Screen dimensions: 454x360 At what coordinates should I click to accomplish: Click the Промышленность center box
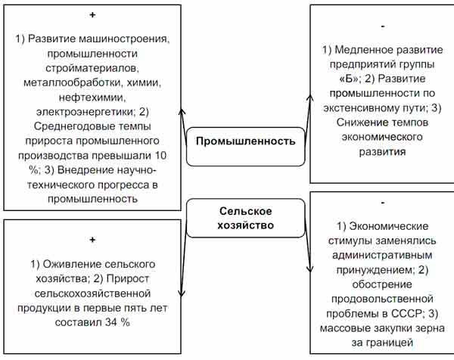(245, 147)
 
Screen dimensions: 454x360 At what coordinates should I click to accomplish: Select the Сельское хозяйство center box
(245, 218)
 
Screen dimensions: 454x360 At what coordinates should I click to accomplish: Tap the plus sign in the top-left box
(92, 15)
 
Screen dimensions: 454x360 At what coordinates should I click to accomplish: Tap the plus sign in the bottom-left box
(92, 240)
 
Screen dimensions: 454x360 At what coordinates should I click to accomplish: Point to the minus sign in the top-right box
(383, 26)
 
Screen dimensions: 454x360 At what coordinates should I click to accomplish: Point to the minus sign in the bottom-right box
(383, 203)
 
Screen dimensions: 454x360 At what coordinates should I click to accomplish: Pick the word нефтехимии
(92, 98)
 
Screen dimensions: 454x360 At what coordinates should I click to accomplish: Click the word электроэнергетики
(86, 112)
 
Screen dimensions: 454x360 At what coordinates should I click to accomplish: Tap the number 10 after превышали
(160, 155)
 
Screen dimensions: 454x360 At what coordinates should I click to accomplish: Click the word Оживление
(73, 264)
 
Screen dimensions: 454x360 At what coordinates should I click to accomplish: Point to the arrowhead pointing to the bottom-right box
(309, 268)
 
